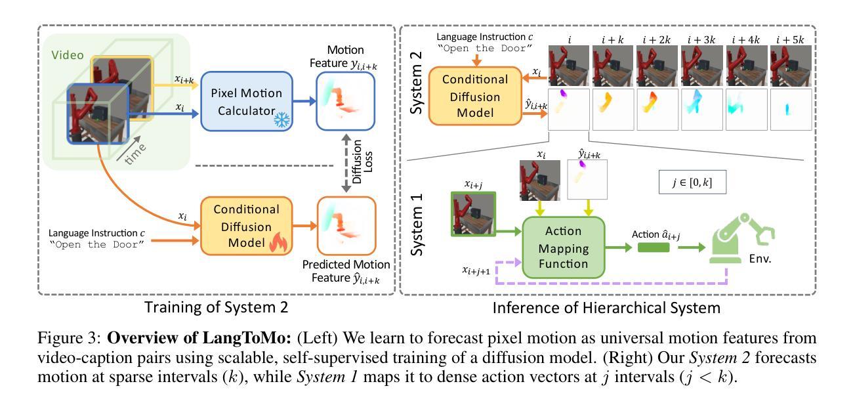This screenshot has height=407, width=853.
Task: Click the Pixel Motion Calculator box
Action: (247, 101)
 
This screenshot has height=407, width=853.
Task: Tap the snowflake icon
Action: (281, 119)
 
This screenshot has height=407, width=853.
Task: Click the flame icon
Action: (279, 242)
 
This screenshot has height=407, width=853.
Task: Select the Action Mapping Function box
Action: (564, 247)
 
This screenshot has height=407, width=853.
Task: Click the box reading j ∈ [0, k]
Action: (692, 182)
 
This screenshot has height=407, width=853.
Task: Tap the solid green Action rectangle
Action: (654, 247)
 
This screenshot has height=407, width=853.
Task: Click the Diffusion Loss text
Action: (362, 161)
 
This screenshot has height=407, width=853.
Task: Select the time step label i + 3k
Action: (701, 39)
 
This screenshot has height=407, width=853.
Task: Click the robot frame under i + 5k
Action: (791, 66)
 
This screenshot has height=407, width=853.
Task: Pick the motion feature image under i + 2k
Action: (657, 110)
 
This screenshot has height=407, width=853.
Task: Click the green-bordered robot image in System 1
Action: (473, 214)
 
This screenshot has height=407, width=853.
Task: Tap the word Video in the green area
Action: (68, 55)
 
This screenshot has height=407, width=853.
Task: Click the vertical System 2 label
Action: (416, 83)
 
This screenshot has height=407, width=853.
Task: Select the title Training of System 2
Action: (216, 307)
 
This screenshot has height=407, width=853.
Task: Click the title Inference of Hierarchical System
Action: (606, 307)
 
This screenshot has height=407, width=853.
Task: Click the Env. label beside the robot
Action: (760, 259)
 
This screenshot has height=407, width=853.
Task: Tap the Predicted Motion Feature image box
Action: (346, 226)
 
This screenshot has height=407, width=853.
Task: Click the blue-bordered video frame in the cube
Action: (98, 114)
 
